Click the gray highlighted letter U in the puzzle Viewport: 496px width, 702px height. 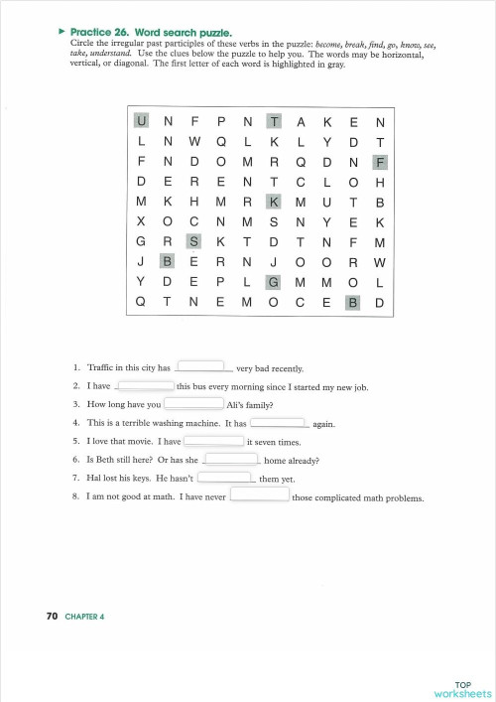tap(141, 122)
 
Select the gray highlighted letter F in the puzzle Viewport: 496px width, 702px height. tap(380, 162)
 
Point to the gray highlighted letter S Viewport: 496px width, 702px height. tap(194, 241)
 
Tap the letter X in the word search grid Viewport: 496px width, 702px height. tap(141, 221)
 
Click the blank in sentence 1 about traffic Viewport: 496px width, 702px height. tap(204, 366)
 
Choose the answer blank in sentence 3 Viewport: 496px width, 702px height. tap(193, 404)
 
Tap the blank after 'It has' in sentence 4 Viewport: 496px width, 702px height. tap(279, 422)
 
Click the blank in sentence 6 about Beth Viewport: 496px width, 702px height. tap(231, 459)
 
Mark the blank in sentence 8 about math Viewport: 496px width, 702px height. tap(260, 495)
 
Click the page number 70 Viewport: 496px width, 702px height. tap(52, 617)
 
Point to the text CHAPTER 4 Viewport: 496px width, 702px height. tap(84, 617)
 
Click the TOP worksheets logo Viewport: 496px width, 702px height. tap(463, 688)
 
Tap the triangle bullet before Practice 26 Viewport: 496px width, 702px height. tap(61, 32)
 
